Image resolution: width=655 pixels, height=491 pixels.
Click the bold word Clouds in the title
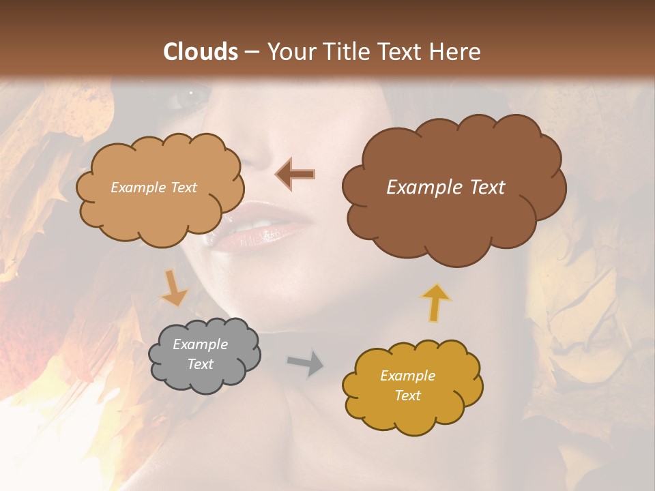coord(201,52)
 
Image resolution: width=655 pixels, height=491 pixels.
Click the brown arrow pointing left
coord(295,175)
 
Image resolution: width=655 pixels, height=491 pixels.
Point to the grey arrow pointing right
coord(306,364)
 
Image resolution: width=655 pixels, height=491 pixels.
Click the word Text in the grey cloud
coord(201,364)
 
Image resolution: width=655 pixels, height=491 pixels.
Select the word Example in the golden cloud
coord(407,376)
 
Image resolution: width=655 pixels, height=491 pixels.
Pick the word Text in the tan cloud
coord(182,188)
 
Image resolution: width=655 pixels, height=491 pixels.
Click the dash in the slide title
coord(251,52)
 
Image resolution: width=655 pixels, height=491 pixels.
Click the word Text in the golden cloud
coord(407,396)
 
